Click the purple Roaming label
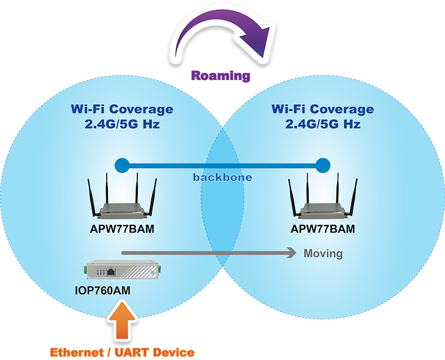pyautogui.click(x=221, y=76)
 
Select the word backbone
pyautogui.click(x=222, y=177)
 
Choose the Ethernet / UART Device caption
pyautogui.click(x=122, y=352)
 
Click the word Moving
pyautogui.click(x=323, y=254)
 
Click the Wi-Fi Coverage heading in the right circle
pyautogui.click(x=323, y=110)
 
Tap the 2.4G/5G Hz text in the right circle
pyautogui.click(x=323, y=124)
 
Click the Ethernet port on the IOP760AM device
pyautogui.click(x=111, y=272)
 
